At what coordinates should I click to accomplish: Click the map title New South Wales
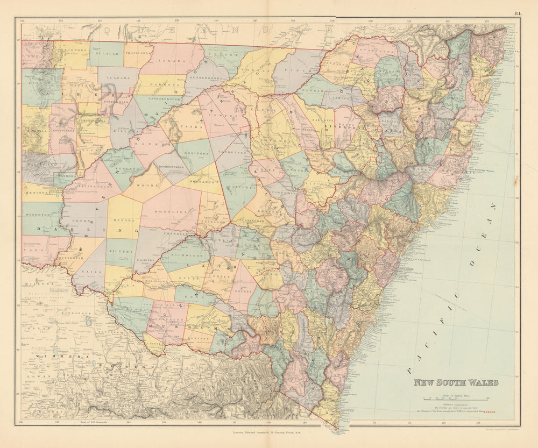point(456,382)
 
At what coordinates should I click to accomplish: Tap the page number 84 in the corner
point(517,13)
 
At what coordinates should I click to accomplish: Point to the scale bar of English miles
point(455,399)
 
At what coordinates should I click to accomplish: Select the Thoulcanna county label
point(139,53)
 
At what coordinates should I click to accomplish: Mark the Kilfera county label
point(121,251)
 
